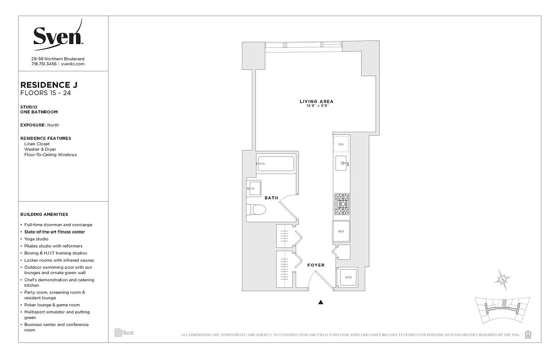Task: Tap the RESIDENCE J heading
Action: click(x=45, y=85)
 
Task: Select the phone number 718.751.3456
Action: click(x=44, y=64)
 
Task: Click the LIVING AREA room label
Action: click(x=316, y=102)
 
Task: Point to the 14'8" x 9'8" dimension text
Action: click(x=316, y=106)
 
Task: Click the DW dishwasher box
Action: click(x=341, y=144)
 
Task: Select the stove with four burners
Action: click(x=341, y=204)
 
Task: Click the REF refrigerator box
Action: click(x=341, y=231)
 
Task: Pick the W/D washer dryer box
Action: click(x=348, y=277)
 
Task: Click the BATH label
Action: click(x=271, y=198)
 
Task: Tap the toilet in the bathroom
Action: click(x=257, y=209)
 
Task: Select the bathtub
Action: click(x=275, y=164)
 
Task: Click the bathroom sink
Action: click(x=253, y=188)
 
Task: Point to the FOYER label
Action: click(x=316, y=265)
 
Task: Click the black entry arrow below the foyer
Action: click(x=321, y=302)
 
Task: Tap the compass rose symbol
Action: click(x=502, y=279)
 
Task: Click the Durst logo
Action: click(x=124, y=333)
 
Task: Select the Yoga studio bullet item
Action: click(x=36, y=239)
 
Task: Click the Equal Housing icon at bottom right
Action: click(x=528, y=334)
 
